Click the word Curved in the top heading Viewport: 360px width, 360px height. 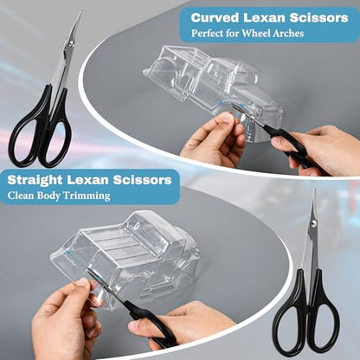pos(215,18)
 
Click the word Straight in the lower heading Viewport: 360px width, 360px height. pos(35,180)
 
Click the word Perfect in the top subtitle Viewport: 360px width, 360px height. pos(207,34)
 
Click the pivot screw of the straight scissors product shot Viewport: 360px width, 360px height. pos(313,222)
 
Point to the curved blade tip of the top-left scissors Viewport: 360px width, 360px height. pos(81,11)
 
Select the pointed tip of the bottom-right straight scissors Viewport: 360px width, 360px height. pos(314,190)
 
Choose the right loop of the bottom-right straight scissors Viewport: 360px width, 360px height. pos(325,324)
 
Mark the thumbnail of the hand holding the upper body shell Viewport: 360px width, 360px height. pos(228,118)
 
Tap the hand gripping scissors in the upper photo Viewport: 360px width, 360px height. pos(320,150)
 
